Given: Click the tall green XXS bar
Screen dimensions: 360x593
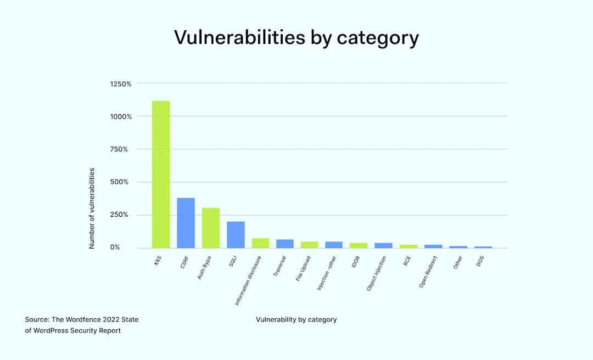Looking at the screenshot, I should pos(161,174).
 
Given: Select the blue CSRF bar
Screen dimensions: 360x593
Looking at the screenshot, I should pos(186,223).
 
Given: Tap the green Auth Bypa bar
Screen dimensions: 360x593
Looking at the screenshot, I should pos(211,228).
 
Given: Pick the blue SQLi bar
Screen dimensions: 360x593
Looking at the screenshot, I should pos(236,234).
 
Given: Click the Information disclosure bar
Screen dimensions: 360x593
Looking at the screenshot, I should pos(260,243).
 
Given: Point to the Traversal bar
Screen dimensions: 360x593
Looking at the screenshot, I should pos(285,243).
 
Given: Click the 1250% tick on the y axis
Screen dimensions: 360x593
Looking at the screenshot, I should pos(121,84).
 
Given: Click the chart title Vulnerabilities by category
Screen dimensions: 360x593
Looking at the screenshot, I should pos(296,37).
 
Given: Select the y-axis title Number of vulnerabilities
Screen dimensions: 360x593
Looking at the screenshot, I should pos(92,209).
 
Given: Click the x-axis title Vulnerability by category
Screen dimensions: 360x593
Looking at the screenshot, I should pos(296,319).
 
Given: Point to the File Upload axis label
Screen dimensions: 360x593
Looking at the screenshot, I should pos(303,268).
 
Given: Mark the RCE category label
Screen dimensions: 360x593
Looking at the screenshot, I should pos(406,261).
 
